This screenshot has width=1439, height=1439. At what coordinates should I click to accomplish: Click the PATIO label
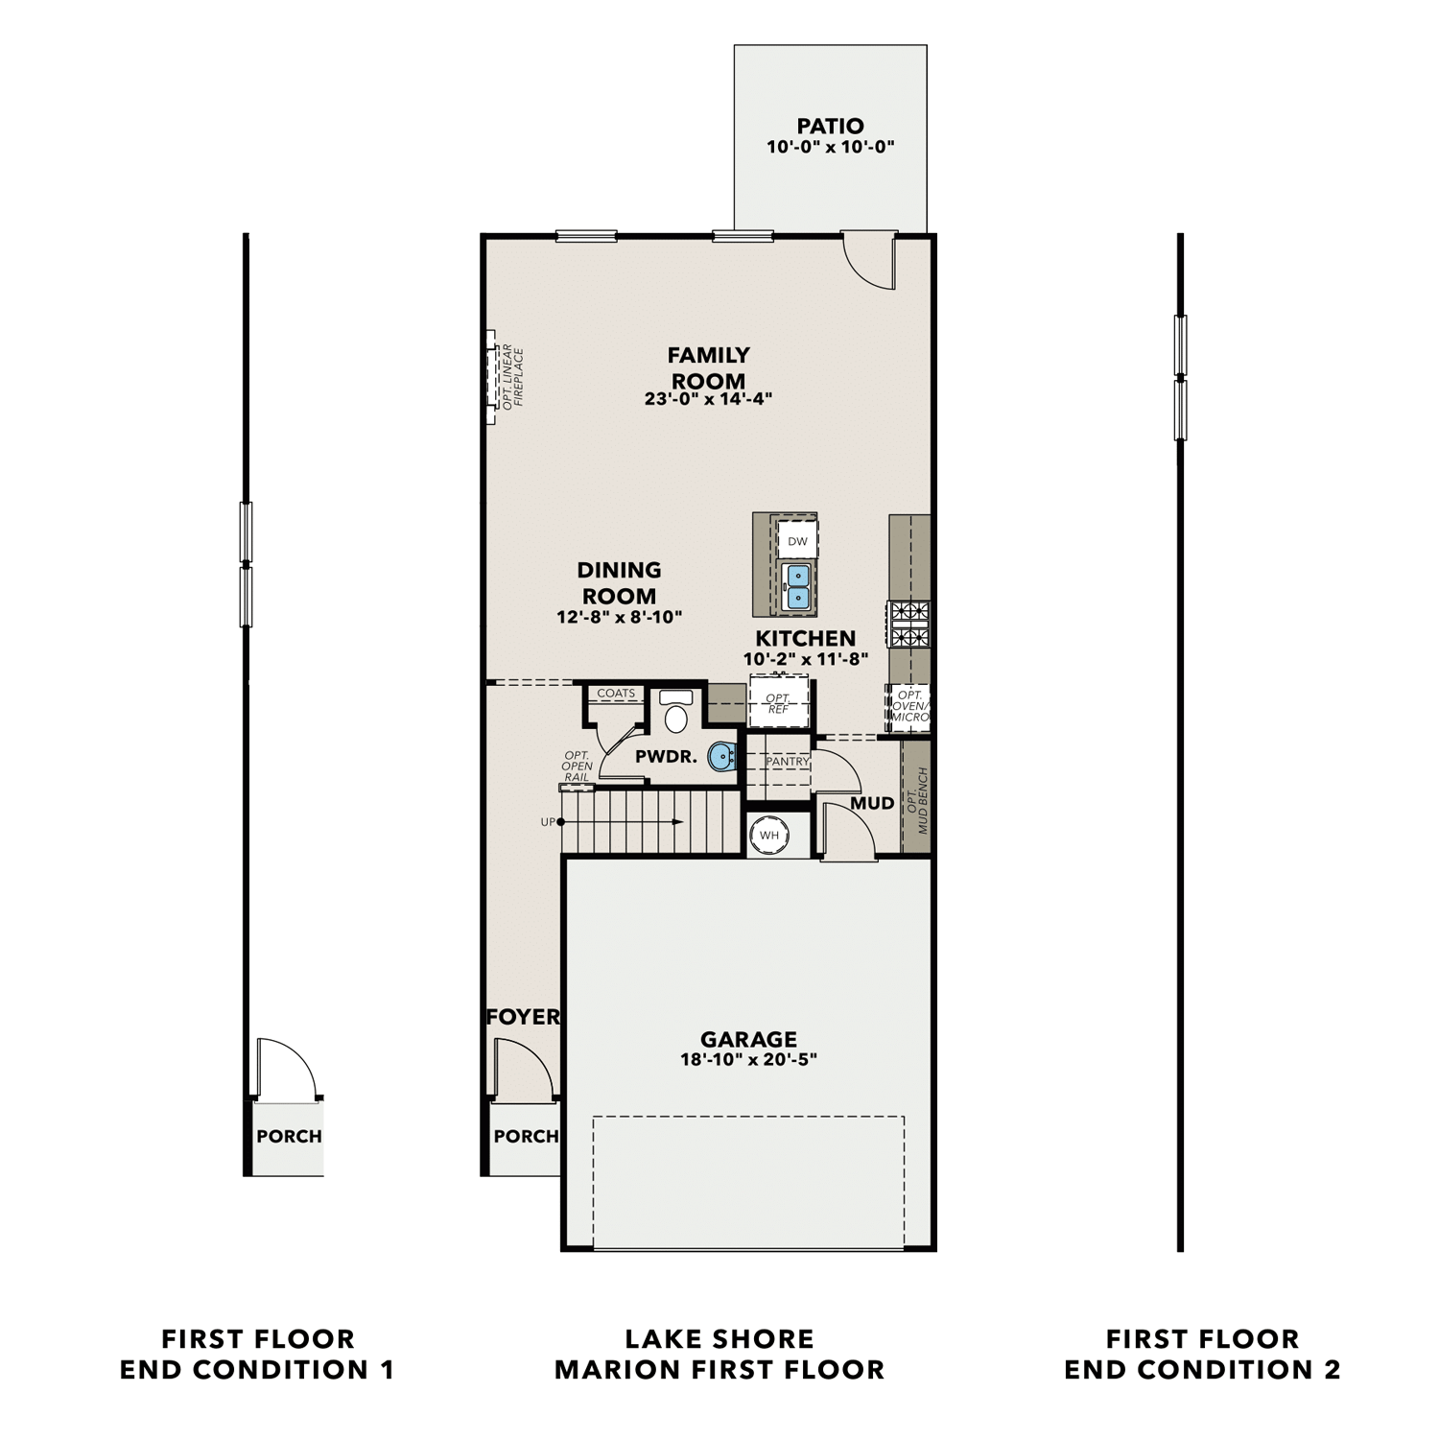(x=830, y=126)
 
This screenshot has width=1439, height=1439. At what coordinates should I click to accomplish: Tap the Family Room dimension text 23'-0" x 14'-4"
(x=708, y=399)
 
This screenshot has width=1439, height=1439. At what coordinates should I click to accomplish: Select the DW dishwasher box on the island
(x=797, y=541)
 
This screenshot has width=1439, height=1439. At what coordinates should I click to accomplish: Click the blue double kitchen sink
(x=797, y=586)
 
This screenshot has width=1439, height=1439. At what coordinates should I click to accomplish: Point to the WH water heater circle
(x=769, y=835)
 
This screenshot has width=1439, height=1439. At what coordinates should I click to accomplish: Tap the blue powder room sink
(x=721, y=758)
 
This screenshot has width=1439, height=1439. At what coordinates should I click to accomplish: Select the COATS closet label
(x=616, y=693)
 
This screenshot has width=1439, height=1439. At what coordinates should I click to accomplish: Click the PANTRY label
(x=788, y=761)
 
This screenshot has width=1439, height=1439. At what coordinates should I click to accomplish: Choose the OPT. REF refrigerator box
(x=778, y=703)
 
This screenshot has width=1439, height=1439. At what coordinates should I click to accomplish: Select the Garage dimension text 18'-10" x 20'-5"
(x=748, y=1060)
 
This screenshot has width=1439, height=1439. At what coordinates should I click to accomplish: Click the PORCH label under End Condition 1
(x=289, y=1137)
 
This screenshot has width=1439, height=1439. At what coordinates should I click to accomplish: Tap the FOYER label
(x=523, y=1017)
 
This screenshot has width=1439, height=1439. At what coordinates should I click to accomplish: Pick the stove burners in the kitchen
(x=908, y=624)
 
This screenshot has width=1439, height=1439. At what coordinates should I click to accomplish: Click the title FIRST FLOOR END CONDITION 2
(x=1202, y=1354)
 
